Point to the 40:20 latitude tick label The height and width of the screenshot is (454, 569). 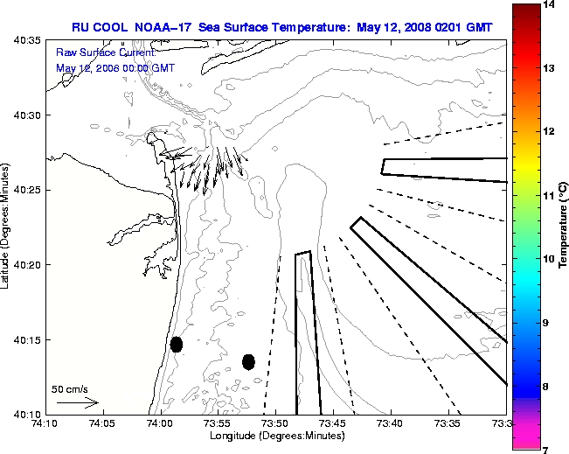coord(26,264)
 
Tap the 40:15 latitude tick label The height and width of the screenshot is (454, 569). coord(26,339)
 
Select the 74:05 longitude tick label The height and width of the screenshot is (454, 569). coord(101,423)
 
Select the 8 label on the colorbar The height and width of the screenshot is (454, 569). coord(550,386)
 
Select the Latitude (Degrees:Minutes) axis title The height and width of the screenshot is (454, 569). coord(7,227)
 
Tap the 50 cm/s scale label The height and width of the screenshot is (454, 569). coord(70,389)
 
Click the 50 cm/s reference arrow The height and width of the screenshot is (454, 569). coord(77,403)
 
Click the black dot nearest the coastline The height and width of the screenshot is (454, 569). coord(177,344)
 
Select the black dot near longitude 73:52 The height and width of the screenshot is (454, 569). coord(248,361)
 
